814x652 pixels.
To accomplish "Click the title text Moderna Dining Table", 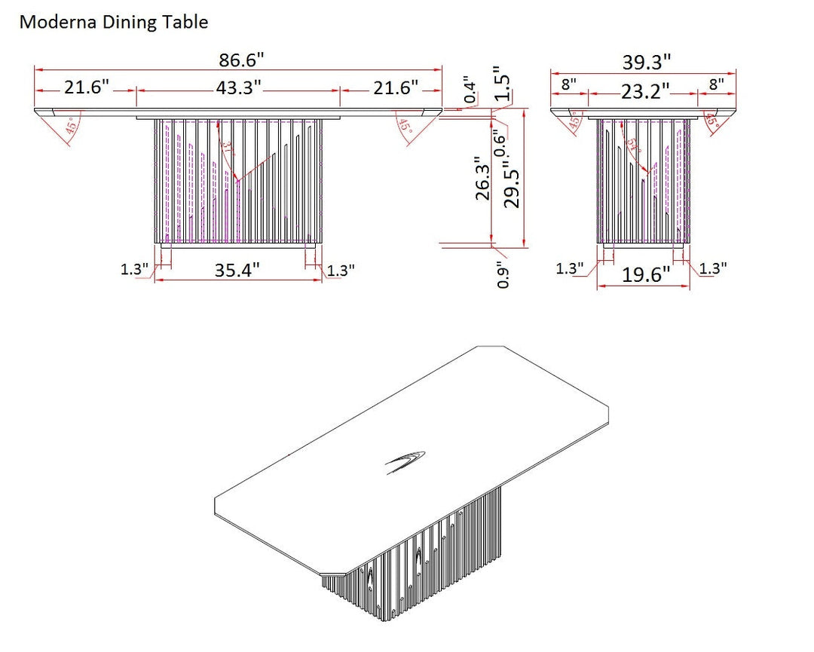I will (113, 23).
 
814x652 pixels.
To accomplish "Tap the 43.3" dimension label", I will (238, 88).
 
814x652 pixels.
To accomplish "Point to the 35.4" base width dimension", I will (237, 270).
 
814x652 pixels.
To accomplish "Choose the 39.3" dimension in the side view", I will (647, 63).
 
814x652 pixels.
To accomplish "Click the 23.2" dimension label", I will (645, 92).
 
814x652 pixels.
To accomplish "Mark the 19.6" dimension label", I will (645, 275).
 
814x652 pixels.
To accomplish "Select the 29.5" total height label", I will (513, 182).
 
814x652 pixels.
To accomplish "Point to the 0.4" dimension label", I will (470, 89).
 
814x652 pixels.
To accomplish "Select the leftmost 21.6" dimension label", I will (87, 88).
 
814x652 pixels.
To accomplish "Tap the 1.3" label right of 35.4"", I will (340, 270).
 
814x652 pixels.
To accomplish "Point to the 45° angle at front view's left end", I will (73, 126).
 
